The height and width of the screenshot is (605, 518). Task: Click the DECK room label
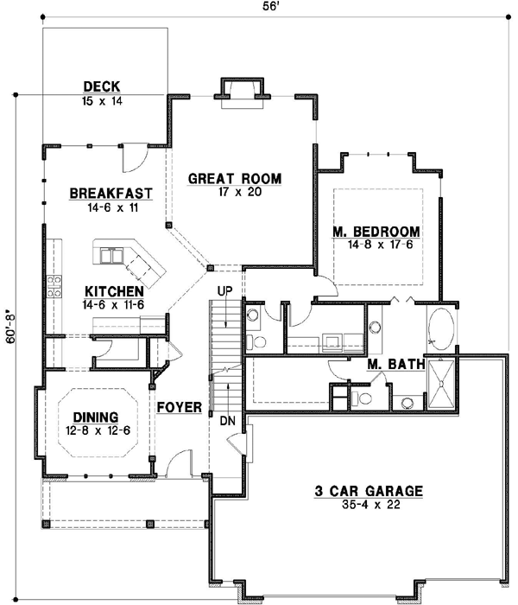point(101,86)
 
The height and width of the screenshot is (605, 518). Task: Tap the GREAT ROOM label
point(235,179)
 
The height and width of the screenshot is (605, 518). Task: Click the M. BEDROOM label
point(376,232)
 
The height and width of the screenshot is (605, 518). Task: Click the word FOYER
point(180,406)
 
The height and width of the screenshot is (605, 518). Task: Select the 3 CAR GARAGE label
point(368,492)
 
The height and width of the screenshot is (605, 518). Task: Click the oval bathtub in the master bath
point(442,329)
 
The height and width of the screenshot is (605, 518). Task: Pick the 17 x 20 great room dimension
point(235,193)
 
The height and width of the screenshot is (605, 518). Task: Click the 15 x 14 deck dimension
point(101,100)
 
